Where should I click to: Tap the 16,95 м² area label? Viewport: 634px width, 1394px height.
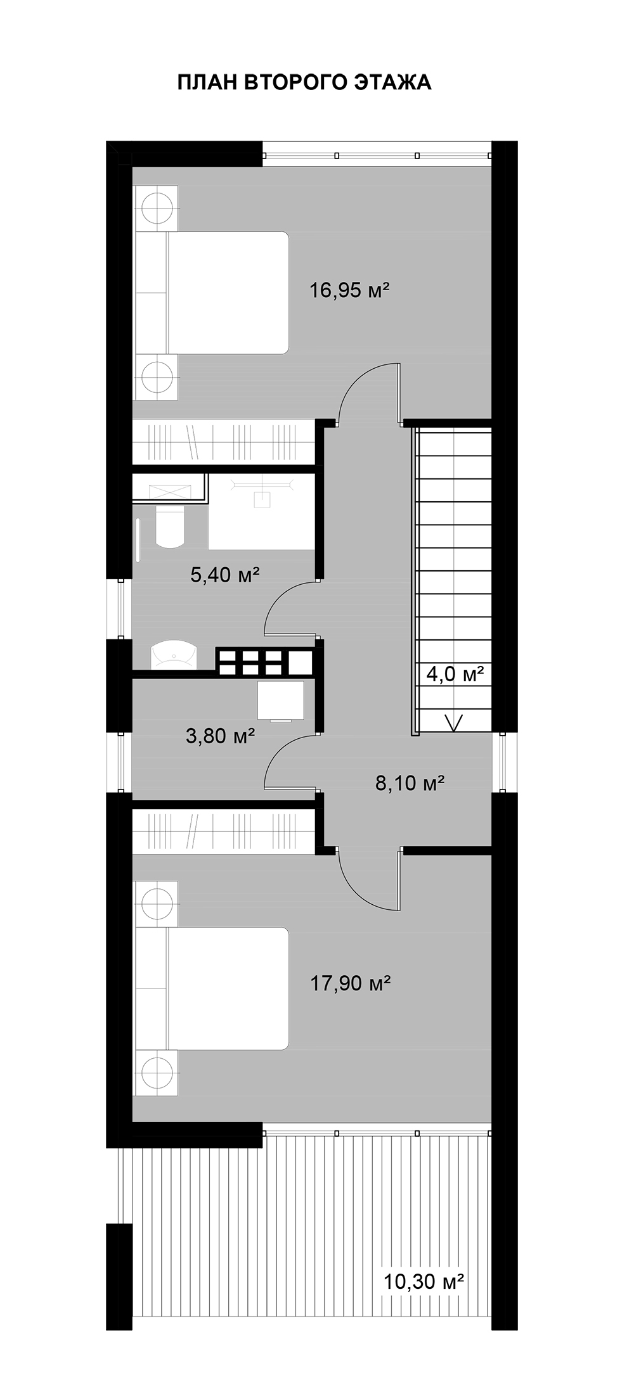pos(349,291)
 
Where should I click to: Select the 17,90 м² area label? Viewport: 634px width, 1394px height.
pos(349,983)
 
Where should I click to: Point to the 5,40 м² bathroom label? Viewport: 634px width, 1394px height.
pos(226,575)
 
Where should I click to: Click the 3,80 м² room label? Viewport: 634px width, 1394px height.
pos(221,736)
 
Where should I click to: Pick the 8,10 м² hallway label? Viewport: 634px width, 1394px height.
pos(409,783)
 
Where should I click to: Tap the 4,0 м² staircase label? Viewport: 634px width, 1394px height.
pos(455,674)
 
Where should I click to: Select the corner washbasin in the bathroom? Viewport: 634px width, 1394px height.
pos(174,654)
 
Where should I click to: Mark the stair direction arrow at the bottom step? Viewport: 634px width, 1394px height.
pos(454,722)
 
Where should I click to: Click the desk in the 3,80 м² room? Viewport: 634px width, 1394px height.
pos(280,701)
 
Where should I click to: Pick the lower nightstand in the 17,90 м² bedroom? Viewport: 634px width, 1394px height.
pos(156,1073)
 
